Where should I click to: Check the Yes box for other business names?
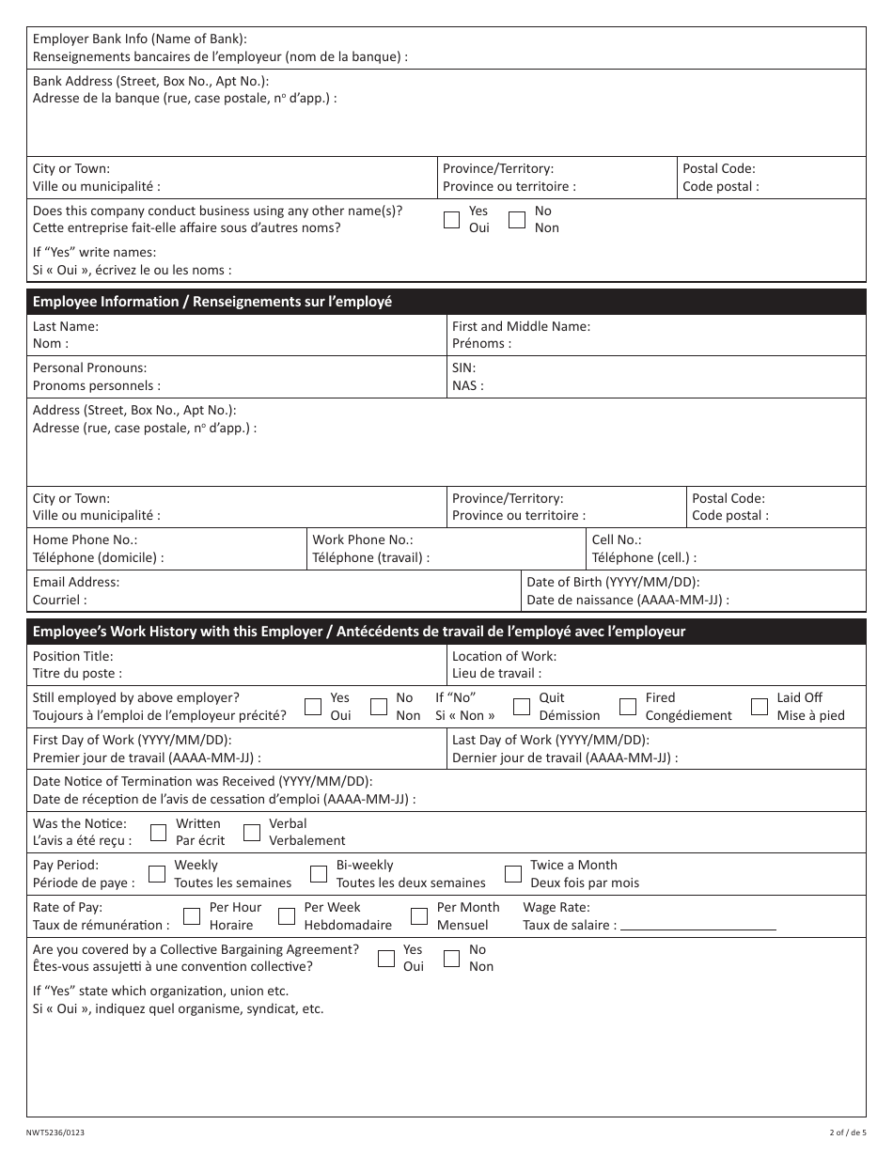pyautogui.click(x=451, y=220)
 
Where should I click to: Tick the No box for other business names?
pyautogui.click(x=517, y=220)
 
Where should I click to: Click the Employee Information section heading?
pyautogui.click(x=212, y=302)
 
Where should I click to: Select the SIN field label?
pyautogui.click(x=464, y=367)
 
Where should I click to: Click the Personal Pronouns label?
pyautogui.click(x=90, y=367)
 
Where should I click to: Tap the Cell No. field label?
pyautogui.click(x=617, y=539)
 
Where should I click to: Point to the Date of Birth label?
pyautogui.click(x=613, y=582)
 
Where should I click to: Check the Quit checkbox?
pyautogui.click(x=522, y=707)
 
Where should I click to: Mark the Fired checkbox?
pyautogui.click(x=628, y=707)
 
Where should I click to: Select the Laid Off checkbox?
pyautogui.click(x=760, y=707)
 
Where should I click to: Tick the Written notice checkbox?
pyautogui.click(x=159, y=832)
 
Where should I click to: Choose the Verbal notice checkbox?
pyautogui.click(x=252, y=832)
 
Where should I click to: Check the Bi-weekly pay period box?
pyautogui.click(x=320, y=874)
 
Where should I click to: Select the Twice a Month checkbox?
pyautogui.click(x=513, y=874)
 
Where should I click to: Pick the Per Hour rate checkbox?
pyautogui.click(x=192, y=916)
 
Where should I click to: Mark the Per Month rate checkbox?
pyautogui.click(x=419, y=916)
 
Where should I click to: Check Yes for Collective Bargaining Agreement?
pyautogui.click(x=385, y=959)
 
